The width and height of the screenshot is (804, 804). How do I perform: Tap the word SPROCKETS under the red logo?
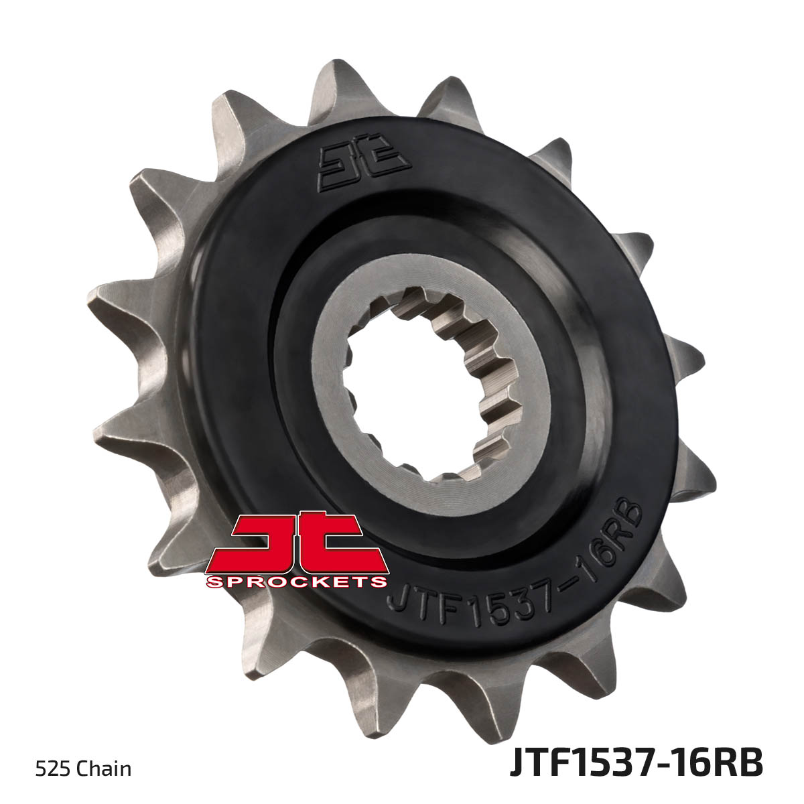[297, 582]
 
